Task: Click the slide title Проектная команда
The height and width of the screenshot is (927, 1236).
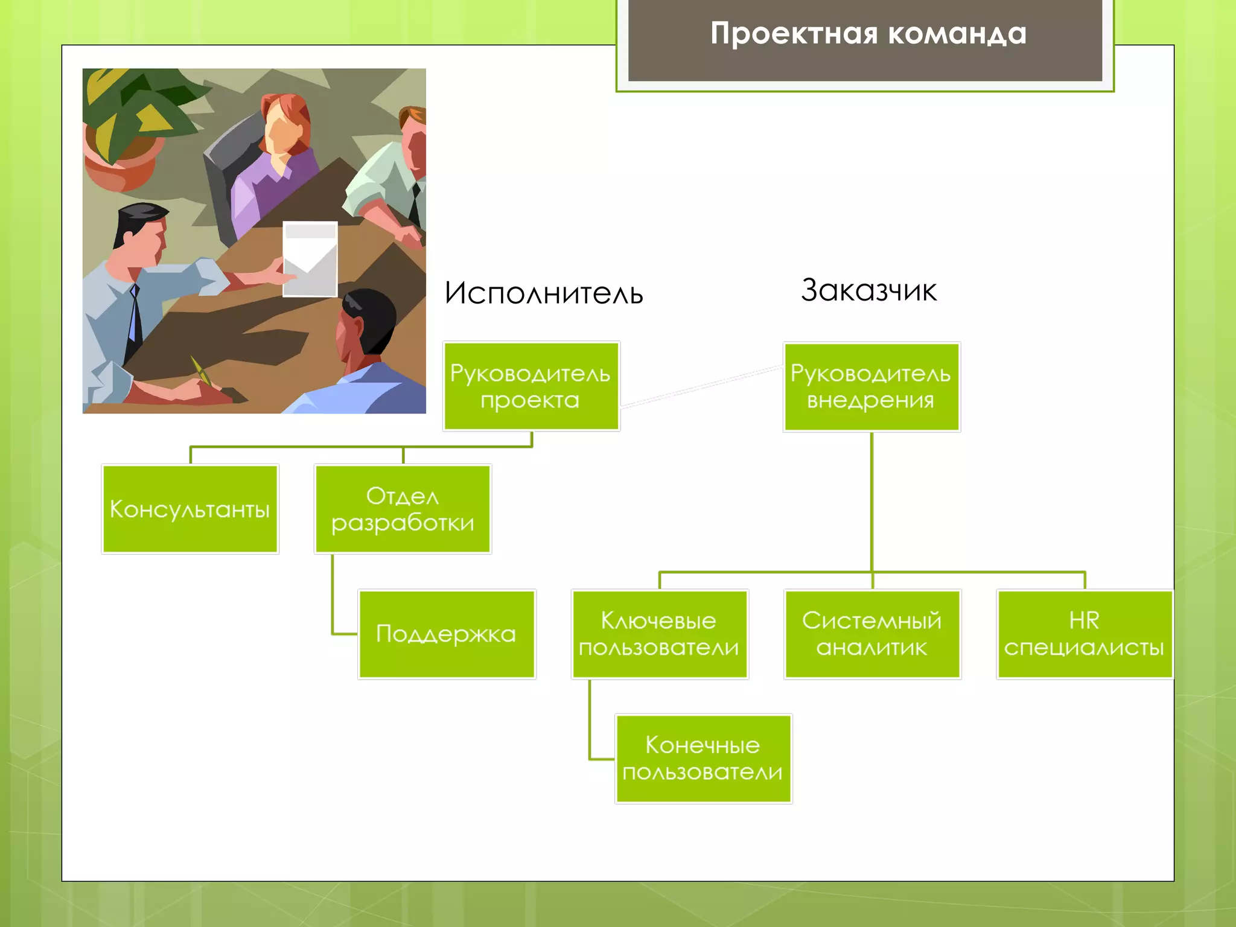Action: click(868, 34)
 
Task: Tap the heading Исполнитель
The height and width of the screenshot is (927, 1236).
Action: click(543, 294)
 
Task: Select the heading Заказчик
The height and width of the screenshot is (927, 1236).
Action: click(868, 291)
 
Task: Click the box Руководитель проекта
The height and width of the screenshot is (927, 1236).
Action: click(531, 387)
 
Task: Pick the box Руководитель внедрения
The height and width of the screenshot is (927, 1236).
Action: click(871, 387)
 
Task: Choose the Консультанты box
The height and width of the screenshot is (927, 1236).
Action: click(190, 509)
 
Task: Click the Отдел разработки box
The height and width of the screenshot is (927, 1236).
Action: click(403, 509)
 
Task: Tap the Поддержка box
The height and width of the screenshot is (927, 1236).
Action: click(447, 634)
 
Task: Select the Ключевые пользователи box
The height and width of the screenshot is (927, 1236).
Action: click(659, 634)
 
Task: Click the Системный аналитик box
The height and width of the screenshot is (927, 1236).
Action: click(872, 634)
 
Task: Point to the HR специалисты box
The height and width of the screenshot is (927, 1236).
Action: click(1084, 634)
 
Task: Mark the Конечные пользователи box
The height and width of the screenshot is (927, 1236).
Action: click(703, 759)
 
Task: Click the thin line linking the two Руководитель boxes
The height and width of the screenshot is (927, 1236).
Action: click(702, 387)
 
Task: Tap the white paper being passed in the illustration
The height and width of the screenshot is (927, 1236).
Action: click(310, 260)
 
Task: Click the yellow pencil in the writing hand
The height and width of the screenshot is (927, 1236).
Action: click(202, 371)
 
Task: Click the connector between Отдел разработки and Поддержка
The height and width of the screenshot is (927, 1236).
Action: click(333, 604)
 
